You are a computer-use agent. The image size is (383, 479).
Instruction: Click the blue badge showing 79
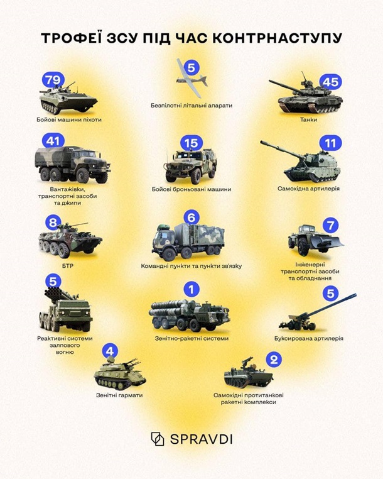point(53,80)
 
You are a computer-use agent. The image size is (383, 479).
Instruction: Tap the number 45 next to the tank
point(330,82)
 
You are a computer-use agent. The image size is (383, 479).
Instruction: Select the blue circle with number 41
point(53,141)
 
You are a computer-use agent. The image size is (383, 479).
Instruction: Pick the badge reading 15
point(191,143)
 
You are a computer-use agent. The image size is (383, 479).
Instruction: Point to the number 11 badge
point(330,143)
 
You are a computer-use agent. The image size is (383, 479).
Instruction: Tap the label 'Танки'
point(308,119)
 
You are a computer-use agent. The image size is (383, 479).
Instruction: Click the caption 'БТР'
point(68,266)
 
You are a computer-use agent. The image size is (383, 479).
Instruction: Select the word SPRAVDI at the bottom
point(201,439)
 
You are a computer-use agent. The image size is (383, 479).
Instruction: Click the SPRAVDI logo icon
point(158,439)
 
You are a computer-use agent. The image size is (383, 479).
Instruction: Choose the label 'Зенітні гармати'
point(119,395)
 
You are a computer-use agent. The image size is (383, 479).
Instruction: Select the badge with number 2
point(274,360)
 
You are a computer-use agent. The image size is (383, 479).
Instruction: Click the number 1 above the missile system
point(191,289)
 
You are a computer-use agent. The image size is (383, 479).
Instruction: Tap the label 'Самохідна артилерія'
point(308,189)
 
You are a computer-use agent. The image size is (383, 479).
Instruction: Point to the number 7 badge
point(330,226)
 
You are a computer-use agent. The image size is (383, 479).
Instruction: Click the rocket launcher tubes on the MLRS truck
point(58,294)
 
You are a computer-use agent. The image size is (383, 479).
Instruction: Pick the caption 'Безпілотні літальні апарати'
point(191,106)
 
